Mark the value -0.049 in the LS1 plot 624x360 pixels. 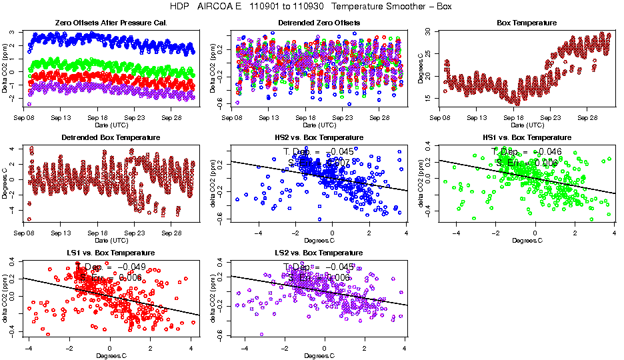click(125, 267)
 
